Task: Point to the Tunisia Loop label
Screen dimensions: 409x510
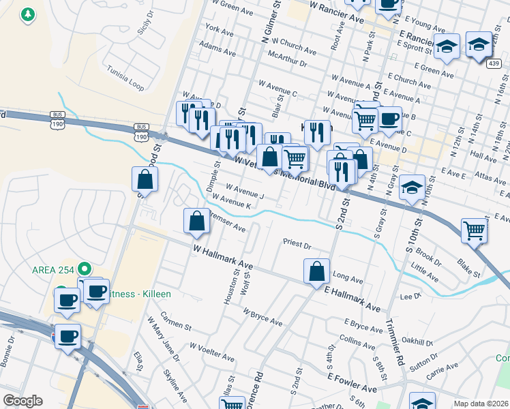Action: [125, 78]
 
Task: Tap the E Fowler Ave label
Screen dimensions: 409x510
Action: [352, 382]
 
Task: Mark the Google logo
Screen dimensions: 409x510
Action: [22, 401]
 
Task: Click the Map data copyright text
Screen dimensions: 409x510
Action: [481, 404]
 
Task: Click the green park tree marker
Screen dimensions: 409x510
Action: [27, 14]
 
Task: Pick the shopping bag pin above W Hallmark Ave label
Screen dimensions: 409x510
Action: [196, 221]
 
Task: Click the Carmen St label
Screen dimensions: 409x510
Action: [175, 321]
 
